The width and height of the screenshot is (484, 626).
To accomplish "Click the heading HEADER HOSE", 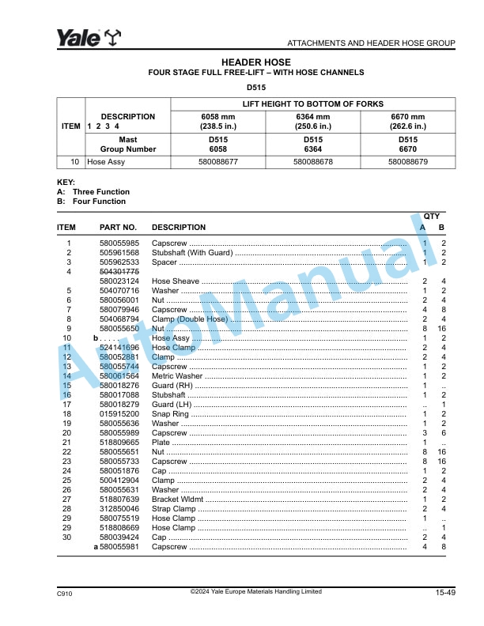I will pyautogui.click(x=255, y=62).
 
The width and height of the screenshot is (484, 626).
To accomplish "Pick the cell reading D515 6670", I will pyautogui.click(x=407, y=143).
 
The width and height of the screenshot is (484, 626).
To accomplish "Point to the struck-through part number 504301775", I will pyautogui.click(x=119, y=271).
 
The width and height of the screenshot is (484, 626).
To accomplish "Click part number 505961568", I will pyautogui.click(x=119, y=252).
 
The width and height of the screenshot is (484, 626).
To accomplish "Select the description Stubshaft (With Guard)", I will pyautogui.click(x=192, y=252).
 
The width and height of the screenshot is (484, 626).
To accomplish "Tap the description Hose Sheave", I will pyautogui.click(x=176, y=281).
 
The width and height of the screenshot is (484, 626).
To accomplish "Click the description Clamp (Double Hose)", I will pyautogui.click(x=190, y=319).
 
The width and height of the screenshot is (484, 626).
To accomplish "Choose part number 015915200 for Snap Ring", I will pyautogui.click(x=119, y=413).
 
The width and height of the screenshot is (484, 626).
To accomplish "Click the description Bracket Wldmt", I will pyautogui.click(x=177, y=499).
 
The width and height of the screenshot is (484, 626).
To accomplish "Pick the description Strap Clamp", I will pyautogui.click(x=173, y=508).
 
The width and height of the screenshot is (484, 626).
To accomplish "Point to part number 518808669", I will pyautogui.click(x=119, y=527).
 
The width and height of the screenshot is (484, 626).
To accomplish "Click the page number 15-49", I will pyautogui.click(x=444, y=593).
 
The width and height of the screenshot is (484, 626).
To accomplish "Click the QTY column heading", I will pyautogui.click(x=432, y=216).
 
